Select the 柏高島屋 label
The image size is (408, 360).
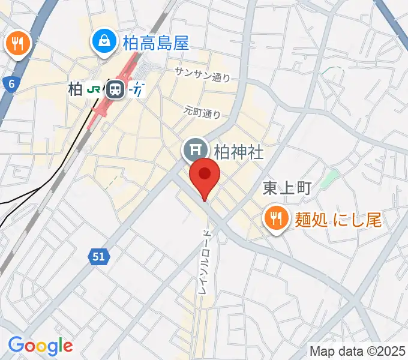tap(155, 43)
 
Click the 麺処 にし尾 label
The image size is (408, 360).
tap(338, 220)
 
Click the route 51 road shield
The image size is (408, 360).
tap(100, 257)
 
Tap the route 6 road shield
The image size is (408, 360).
tap(11, 85)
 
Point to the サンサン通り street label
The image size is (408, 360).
tap(202, 74)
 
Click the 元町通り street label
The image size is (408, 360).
tap(202, 111)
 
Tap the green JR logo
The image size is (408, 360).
tap(94, 90)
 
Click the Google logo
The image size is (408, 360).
tap(40, 346)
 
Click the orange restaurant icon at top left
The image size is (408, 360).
tap(19, 43)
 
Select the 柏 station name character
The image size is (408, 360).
tap(75, 90)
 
